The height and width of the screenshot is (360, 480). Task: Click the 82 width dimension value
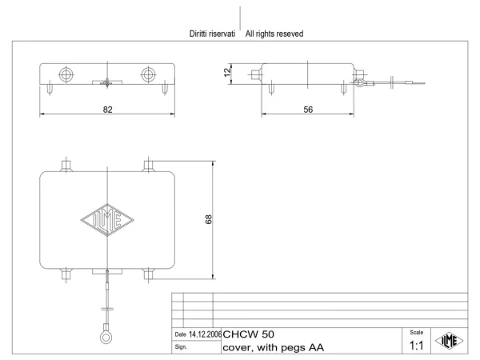pos(107,110)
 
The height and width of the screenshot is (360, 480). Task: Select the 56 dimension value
pos(308,110)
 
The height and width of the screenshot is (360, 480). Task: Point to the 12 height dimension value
pos(227,72)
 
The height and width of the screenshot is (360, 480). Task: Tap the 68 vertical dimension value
pos(208,219)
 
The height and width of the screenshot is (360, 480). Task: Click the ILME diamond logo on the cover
pos(107,220)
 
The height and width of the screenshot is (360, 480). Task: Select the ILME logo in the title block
pos(449,341)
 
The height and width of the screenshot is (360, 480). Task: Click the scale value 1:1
pos(416,346)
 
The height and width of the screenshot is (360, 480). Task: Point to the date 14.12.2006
pos(205,334)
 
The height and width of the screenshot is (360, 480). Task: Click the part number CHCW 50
pos(248,334)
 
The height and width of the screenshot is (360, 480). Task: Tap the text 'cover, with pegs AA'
pos(273,347)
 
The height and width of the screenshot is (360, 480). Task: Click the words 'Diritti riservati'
pos(212,34)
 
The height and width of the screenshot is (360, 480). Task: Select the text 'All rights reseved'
pos(274,34)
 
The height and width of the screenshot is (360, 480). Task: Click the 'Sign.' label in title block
pos(181,347)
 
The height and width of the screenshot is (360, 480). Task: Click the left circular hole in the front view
pos(66,74)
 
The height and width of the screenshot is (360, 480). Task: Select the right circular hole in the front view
pos(148,74)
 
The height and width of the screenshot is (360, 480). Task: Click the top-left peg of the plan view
pos(66,166)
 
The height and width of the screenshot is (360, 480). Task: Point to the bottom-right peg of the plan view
pos(148,274)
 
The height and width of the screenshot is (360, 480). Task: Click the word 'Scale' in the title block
pos(416,332)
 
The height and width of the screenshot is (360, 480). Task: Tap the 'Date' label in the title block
pos(180,334)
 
